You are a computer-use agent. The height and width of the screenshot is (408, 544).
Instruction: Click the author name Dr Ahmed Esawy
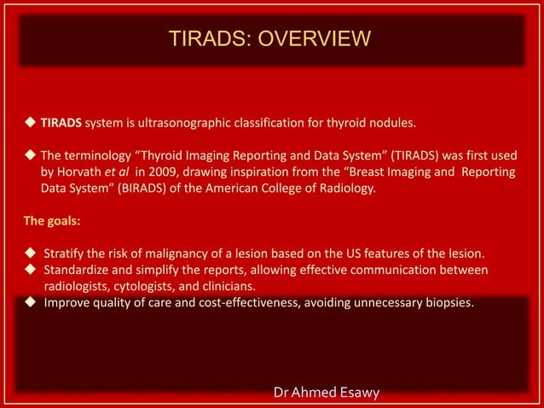327,392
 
